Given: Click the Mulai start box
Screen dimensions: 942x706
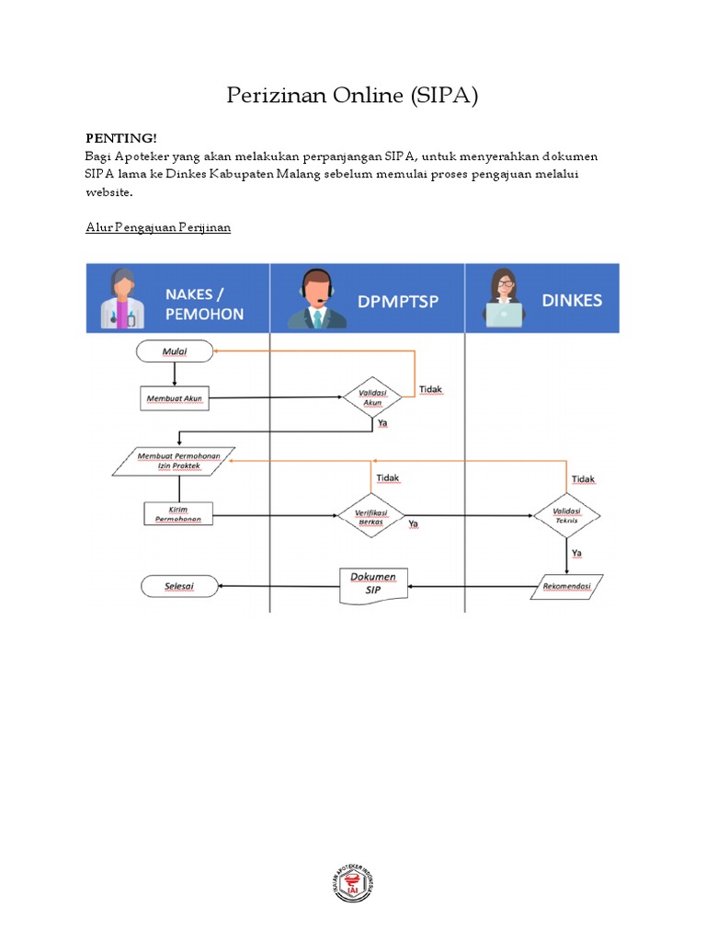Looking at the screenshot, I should click(x=175, y=350).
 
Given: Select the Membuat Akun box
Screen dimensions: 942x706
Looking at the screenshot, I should click(x=175, y=399).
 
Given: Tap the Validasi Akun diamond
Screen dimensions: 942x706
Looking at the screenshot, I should click(x=372, y=397).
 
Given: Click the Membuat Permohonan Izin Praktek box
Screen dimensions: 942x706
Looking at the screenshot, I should click(x=174, y=462).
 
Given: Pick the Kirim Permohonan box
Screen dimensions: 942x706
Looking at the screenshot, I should click(x=178, y=513).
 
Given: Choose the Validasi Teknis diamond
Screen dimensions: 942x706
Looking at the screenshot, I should click(x=566, y=515).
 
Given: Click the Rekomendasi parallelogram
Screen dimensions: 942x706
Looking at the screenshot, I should click(x=566, y=586).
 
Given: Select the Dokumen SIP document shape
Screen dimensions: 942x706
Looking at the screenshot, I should click(x=373, y=585).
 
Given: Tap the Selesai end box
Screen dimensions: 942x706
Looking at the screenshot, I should click(x=178, y=586).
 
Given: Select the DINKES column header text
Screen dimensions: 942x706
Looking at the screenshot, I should click(x=572, y=300).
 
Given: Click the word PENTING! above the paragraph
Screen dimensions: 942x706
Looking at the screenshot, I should click(x=117, y=137).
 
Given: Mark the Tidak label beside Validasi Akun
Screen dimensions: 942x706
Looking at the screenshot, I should click(x=430, y=389).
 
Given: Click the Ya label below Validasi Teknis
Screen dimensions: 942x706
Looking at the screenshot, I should click(x=577, y=553).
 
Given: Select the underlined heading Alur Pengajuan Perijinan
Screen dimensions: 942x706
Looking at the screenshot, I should click(x=157, y=227).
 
